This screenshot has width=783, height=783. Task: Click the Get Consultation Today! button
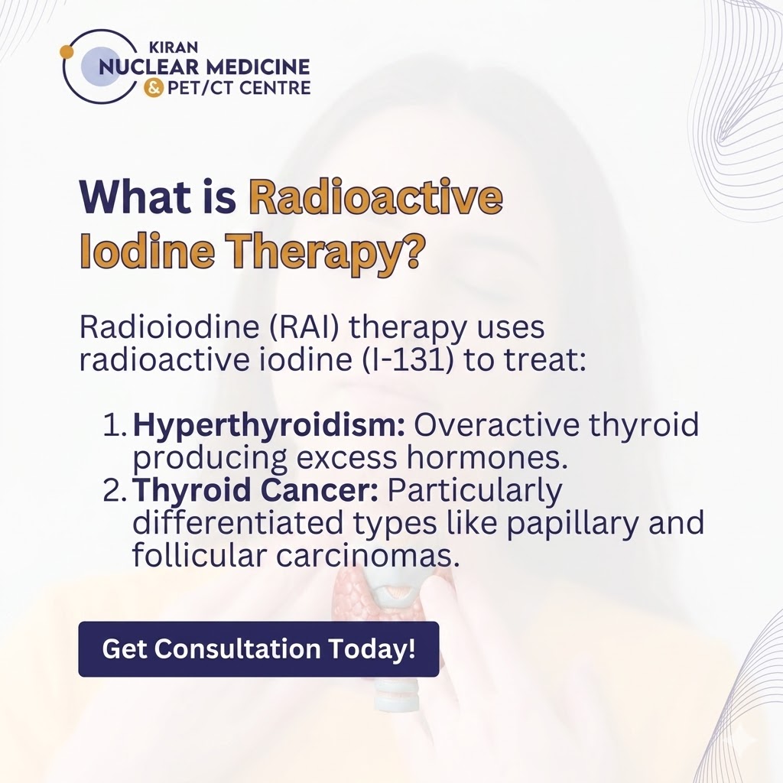pos(258,648)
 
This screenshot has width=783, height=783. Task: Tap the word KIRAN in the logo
pos(174,47)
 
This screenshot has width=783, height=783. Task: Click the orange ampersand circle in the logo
pos(153,89)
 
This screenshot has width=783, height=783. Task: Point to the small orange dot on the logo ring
pos(67,51)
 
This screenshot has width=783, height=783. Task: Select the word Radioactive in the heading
pos(376,198)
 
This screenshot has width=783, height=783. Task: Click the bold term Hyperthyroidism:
pos(268,426)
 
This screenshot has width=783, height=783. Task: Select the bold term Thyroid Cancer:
pos(255,491)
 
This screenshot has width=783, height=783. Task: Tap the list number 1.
pos(115,426)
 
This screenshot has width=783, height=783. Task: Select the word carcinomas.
pos(367,556)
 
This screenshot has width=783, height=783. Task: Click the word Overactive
pos(497,426)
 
